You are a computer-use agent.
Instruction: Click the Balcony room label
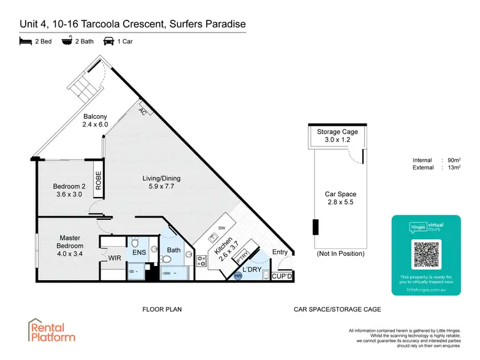tap(95, 116)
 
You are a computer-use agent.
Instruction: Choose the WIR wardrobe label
tap(115, 258)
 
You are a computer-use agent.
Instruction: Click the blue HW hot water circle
tap(238, 276)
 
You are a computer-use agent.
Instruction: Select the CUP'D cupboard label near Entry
tap(282, 276)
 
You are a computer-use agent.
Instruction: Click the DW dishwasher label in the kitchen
tap(221, 227)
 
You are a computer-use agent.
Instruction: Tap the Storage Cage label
tap(337, 132)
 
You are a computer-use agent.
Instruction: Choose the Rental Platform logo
tap(51, 330)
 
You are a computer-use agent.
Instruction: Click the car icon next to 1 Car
tap(109, 42)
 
